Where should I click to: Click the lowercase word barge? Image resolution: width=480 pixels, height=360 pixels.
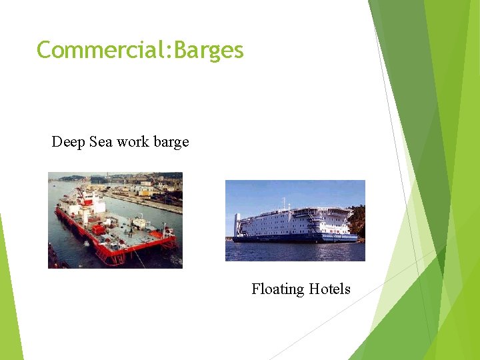point(171,143)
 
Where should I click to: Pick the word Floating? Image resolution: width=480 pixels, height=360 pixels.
point(277,289)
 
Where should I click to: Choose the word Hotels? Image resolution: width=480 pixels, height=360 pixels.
point(329,289)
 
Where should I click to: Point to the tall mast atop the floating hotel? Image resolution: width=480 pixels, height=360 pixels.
point(284,201)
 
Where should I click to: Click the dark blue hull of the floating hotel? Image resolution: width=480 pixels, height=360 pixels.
point(293,237)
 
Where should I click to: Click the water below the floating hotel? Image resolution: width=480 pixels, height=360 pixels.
point(293,251)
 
